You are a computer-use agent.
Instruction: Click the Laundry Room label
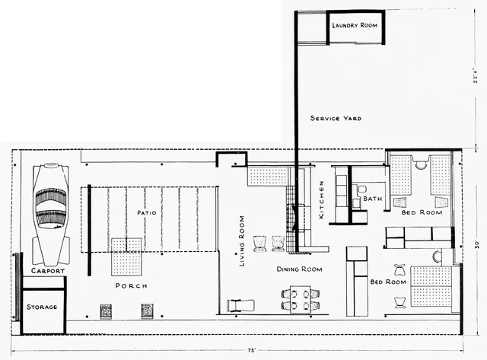pyautogui.click(x=355, y=25)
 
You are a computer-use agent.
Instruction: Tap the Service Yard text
pyautogui.click(x=336, y=118)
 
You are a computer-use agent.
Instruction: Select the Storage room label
pyautogui.click(x=42, y=307)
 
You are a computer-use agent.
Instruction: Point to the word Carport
pyautogui.click(x=48, y=271)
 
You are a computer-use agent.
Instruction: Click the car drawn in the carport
pyautogui.click(x=51, y=214)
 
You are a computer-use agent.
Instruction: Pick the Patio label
pyautogui.click(x=147, y=213)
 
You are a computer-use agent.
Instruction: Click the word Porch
pyautogui.click(x=132, y=285)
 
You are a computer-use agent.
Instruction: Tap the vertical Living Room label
pyautogui.click(x=242, y=241)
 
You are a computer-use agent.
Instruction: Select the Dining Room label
pyautogui.click(x=299, y=269)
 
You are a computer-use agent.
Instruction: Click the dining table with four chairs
pyautogui.click(x=301, y=299)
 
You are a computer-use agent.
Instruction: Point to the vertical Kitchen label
pyautogui.click(x=321, y=199)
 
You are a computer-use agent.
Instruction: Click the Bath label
pyautogui.click(x=373, y=198)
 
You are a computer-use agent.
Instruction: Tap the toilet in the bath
pyautogui.click(x=361, y=189)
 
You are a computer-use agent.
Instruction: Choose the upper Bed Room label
pyautogui.click(x=422, y=212)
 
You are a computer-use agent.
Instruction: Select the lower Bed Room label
pyautogui.click(x=388, y=282)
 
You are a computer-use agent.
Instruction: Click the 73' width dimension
pyautogui.click(x=251, y=351)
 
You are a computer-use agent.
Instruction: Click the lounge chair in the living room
pyautogui.click(x=240, y=305)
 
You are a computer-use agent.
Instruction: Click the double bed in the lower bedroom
pyautogui.click(x=431, y=286)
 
